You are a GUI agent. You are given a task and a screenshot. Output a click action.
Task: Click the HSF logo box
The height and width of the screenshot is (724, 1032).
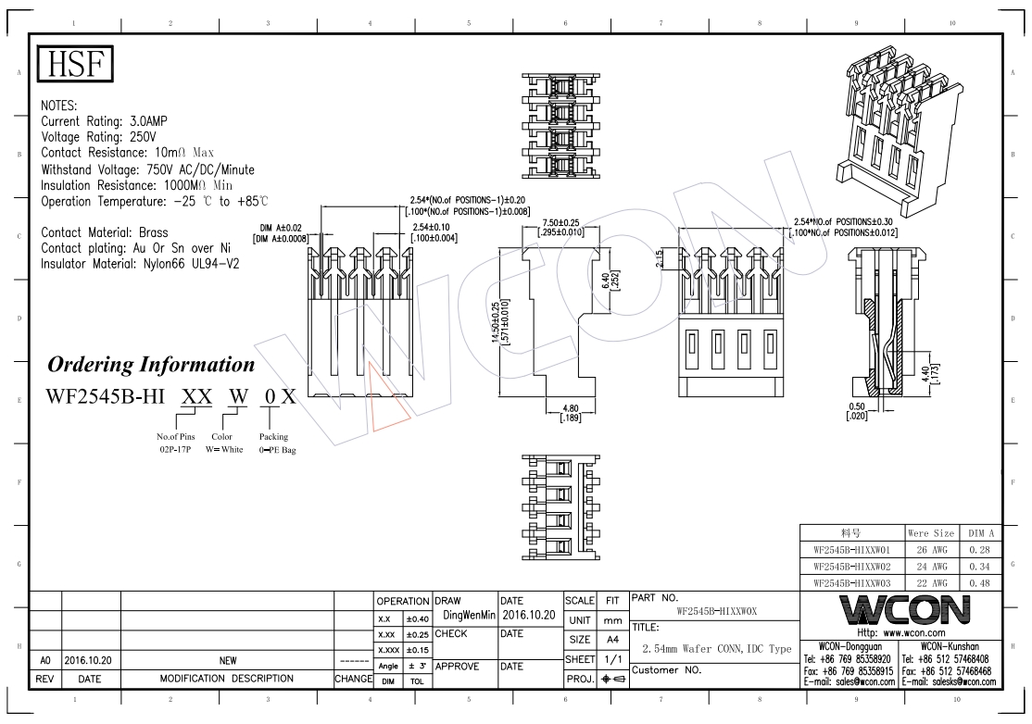[x=75, y=64]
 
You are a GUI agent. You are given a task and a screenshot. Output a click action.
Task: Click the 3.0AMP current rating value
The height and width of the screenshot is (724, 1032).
[x=149, y=121]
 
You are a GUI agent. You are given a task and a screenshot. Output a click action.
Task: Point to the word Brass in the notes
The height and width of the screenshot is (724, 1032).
[x=154, y=232]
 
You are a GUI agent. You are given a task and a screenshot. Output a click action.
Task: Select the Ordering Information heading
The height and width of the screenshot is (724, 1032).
[x=151, y=364]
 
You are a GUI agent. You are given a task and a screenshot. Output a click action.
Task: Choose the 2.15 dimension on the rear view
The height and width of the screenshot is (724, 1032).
[x=659, y=259]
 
